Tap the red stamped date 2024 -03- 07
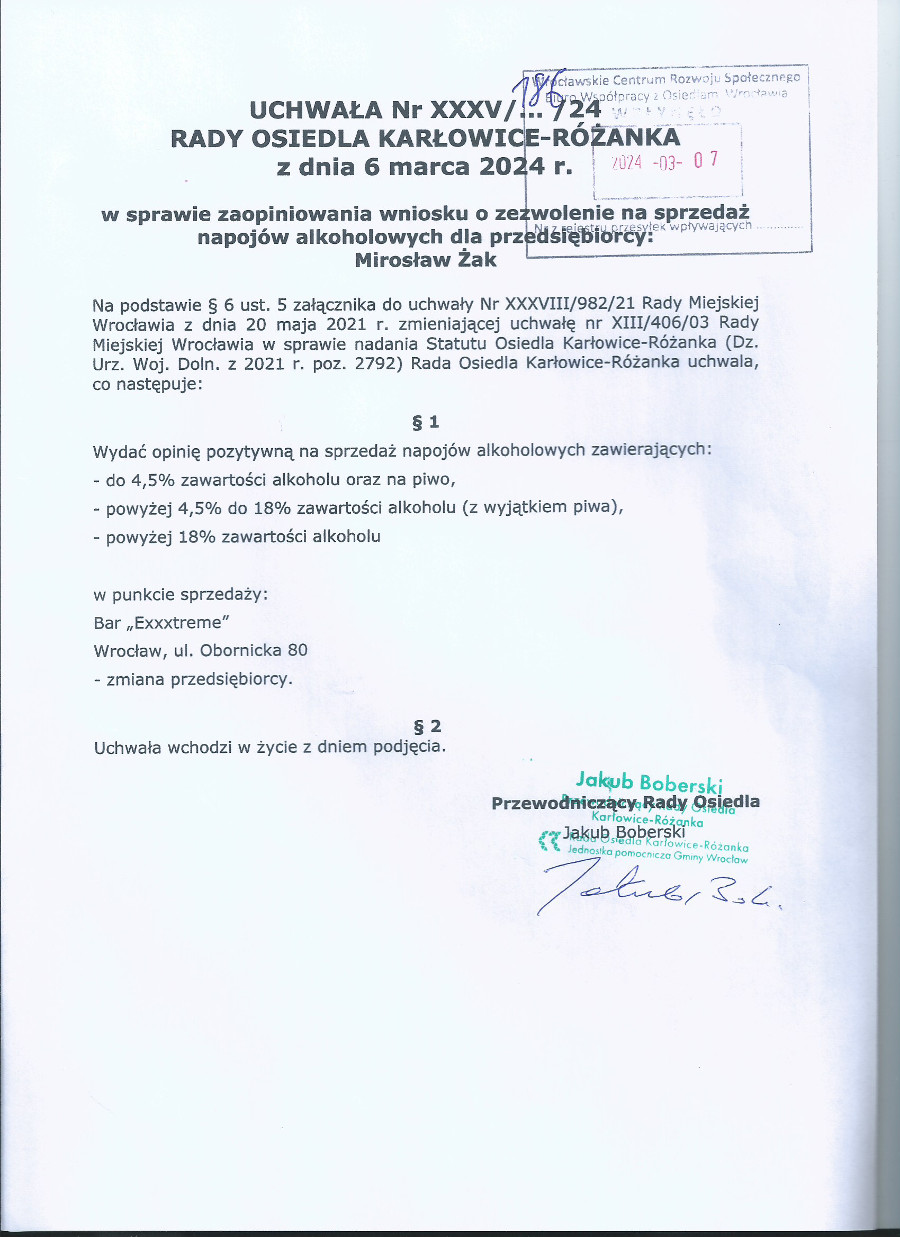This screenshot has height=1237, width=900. point(664,161)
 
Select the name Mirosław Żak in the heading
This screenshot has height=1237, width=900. point(426,260)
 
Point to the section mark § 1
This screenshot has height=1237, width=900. point(426,422)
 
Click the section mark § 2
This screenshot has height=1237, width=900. point(427,726)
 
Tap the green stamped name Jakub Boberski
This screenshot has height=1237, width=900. point(649,783)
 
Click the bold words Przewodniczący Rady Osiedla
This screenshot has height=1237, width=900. point(625,802)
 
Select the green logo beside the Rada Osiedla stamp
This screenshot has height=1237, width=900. point(549,841)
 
